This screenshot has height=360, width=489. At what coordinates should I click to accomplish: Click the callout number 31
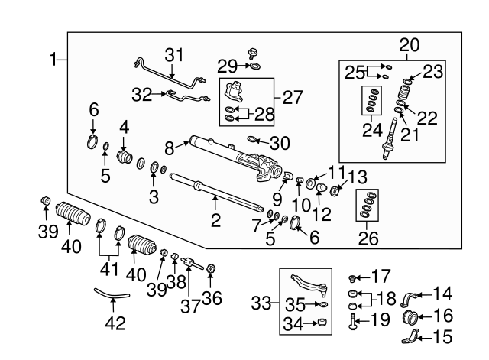[x=175, y=56]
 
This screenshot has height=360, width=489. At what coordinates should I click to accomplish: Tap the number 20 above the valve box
[x=409, y=44]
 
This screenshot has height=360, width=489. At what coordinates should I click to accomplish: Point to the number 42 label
[x=114, y=323]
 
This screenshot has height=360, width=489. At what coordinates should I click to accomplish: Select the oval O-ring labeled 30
[x=254, y=139]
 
